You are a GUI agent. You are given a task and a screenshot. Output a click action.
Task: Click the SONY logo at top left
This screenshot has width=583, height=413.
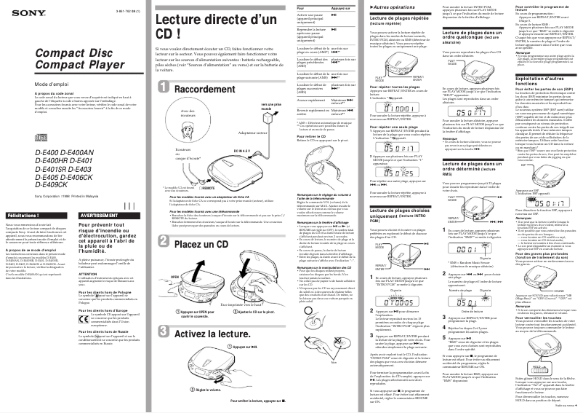(x=16, y=10)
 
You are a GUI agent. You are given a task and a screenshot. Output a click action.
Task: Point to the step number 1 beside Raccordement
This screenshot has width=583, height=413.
(x=164, y=88)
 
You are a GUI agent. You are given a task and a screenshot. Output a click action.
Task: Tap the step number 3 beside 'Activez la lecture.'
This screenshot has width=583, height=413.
(x=164, y=334)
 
